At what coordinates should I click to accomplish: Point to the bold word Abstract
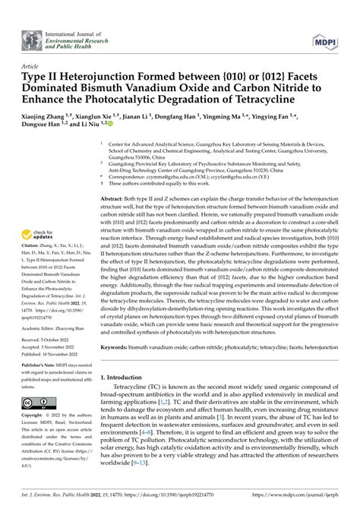113,198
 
